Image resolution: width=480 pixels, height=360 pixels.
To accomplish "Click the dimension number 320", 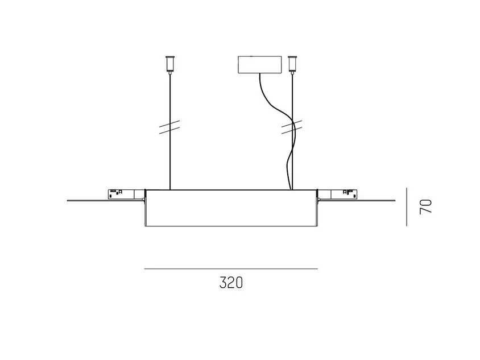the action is pyautogui.click(x=231, y=283).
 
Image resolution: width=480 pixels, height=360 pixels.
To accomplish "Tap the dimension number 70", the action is pyautogui.click(x=425, y=206).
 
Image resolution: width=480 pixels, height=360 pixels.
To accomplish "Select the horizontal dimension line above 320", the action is pyautogui.click(x=231, y=269).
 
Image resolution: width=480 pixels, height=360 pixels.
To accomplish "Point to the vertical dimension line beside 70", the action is pyautogui.click(x=407, y=207).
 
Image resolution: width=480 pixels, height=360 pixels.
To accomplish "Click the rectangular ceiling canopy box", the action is pyautogui.click(x=260, y=65).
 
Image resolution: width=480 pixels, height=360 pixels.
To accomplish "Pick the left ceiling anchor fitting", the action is pyautogui.click(x=170, y=64).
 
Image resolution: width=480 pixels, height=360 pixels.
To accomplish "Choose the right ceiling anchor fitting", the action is pyautogui.click(x=293, y=64).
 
